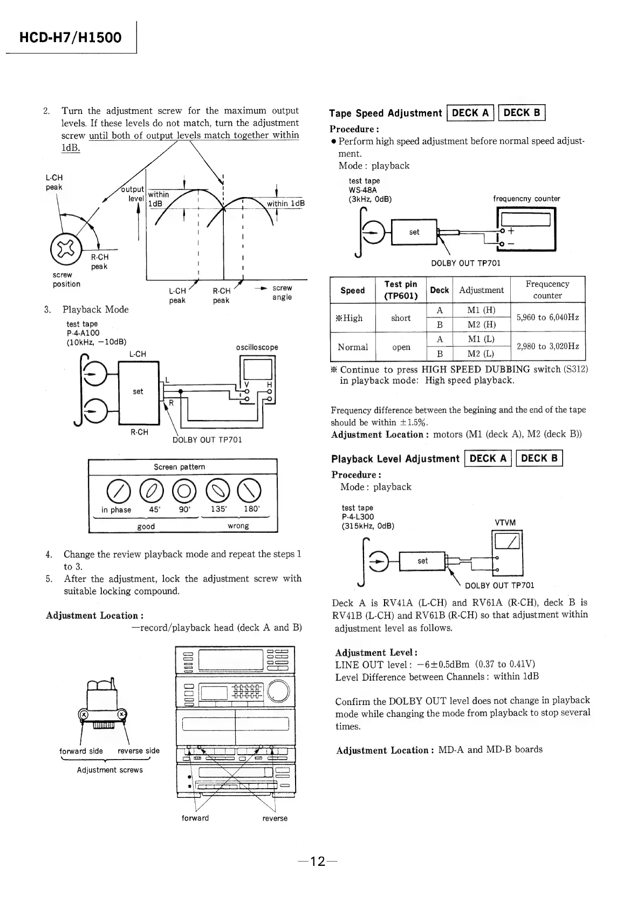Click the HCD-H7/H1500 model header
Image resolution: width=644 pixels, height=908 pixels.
click(x=71, y=38)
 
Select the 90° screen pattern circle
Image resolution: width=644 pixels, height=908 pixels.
click(x=185, y=490)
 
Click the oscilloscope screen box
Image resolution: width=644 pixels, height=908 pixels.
click(x=257, y=369)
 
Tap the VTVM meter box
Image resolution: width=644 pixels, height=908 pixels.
click(x=506, y=540)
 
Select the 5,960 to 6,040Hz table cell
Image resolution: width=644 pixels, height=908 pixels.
click(x=547, y=317)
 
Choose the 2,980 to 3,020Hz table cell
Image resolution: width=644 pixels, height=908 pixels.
click(x=547, y=347)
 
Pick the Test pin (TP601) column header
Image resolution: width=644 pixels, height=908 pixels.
click(x=400, y=290)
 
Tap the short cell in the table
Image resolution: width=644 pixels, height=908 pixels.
click(x=400, y=318)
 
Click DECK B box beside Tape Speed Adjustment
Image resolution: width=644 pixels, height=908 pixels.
click(x=522, y=113)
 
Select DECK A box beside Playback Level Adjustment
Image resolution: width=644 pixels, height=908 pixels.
click(x=488, y=459)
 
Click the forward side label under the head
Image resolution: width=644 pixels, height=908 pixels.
click(x=81, y=751)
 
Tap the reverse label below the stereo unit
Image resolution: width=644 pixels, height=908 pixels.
click(x=275, y=818)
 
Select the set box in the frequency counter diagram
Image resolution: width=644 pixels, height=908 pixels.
click(x=414, y=232)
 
